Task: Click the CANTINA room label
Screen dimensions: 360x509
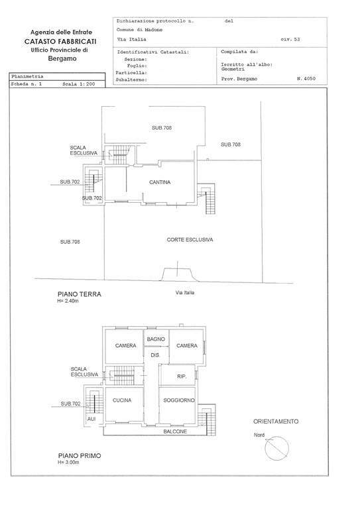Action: pyautogui.click(x=160, y=182)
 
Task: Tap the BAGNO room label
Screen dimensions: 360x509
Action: pyautogui.click(x=156, y=339)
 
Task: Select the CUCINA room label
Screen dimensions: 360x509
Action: pyautogui.click(x=122, y=400)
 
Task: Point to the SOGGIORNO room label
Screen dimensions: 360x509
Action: pyautogui.click(x=179, y=400)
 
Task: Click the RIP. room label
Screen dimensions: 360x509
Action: pyautogui.click(x=182, y=376)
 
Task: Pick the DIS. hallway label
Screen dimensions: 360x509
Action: pyautogui.click(x=156, y=355)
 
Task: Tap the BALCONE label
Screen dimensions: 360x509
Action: pyautogui.click(x=175, y=431)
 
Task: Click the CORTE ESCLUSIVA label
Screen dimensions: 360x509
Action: pyautogui.click(x=190, y=240)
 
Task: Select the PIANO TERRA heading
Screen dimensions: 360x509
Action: pyautogui.click(x=80, y=294)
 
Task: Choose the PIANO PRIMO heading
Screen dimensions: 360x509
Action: pyautogui.click(x=80, y=456)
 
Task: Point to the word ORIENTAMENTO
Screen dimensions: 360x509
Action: pyautogui.click(x=276, y=422)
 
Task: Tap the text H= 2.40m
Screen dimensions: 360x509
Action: pyautogui.click(x=68, y=301)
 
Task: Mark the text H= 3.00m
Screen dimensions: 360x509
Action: pyautogui.click(x=68, y=462)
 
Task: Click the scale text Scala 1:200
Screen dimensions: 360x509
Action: pyautogui.click(x=78, y=84)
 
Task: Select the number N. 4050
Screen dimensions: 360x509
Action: pyautogui.click(x=306, y=79)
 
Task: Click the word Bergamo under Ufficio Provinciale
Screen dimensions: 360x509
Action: pyautogui.click(x=62, y=59)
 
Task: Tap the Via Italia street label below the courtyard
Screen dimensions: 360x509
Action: pyautogui.click(x=185, y=293)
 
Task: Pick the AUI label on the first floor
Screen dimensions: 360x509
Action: pyautogui.click(x=91, y=419)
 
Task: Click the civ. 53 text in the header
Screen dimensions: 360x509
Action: pyautogui.click(x=290, y=40)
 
